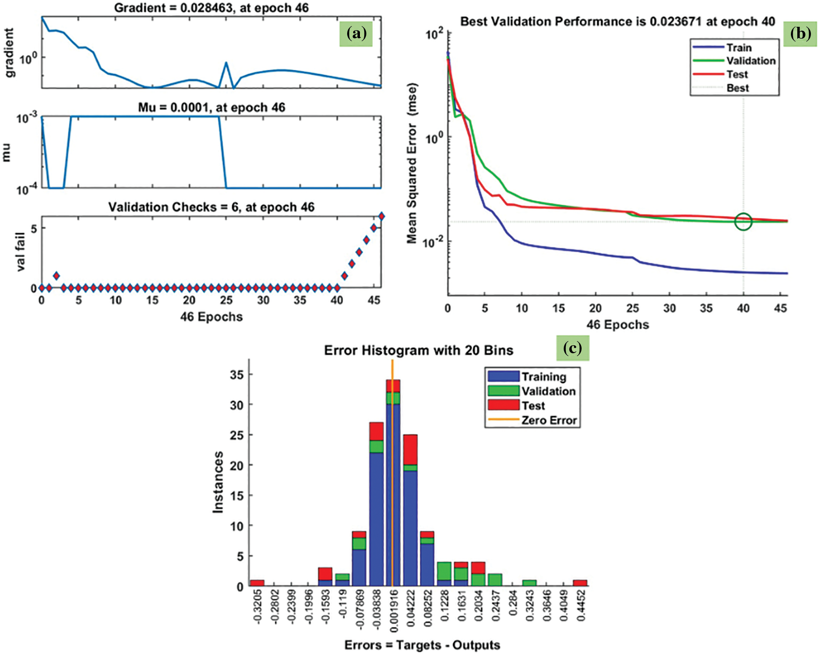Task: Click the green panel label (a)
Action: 356,33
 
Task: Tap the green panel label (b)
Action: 800,33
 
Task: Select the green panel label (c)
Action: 572,348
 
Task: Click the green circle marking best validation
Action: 743,221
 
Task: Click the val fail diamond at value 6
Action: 382,216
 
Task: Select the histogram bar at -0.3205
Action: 257,583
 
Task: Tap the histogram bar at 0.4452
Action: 580,583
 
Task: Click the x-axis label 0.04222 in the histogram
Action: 411,608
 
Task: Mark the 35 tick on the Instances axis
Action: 237,375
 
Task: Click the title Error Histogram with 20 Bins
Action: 419,350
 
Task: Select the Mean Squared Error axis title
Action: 412,163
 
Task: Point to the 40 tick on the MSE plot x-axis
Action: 743,308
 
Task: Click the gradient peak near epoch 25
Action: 226,63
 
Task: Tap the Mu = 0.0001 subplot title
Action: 211,107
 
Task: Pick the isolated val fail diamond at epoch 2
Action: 56,276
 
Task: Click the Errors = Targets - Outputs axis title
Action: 422,645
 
